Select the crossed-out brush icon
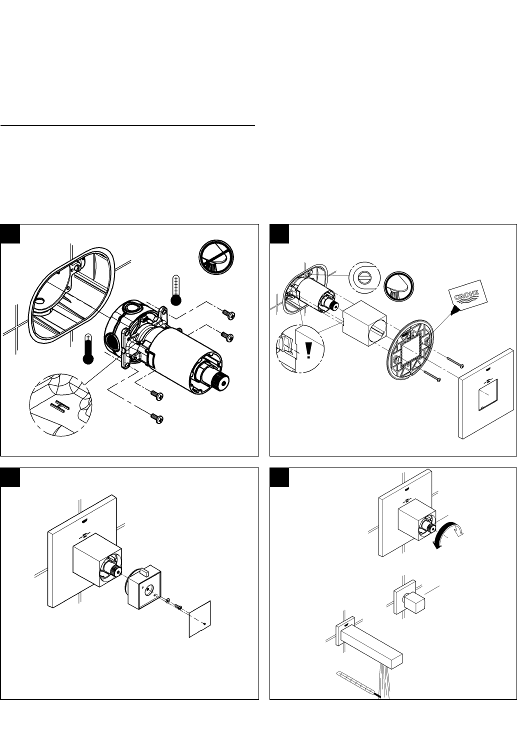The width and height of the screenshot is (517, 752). click(x=216, y=257)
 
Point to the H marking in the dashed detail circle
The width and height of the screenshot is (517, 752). click(x=60, y=406)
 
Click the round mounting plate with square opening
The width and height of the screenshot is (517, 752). click(x=410, y=350)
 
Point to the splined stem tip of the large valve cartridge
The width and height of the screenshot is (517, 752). click(x=220, y=382)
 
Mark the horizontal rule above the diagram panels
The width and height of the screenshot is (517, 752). click(x=127, y=125)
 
